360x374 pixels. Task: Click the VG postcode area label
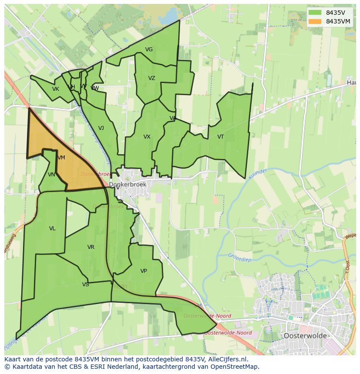click(x=149, y=50)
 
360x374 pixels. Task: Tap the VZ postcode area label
click(x=151, y=78)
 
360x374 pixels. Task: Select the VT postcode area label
click(x=220, y=137)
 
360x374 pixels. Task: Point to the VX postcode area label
click(x=147, y=137)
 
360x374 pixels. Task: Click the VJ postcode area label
click(x=101, y=128)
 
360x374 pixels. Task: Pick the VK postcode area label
click(x=55, y=89)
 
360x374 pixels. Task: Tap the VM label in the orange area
click(x=61, y=158)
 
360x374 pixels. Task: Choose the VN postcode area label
click(x=51, y=175)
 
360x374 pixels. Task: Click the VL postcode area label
click(x=52, y=228)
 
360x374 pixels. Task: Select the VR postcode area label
click(x=90, y=247)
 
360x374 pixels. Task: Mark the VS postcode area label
click(x=85, y=285)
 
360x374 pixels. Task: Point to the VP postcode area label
click(x=143, y=271)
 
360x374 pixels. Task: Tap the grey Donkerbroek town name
click(x=128, y=185)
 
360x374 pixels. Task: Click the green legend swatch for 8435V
click(x=315, y=12)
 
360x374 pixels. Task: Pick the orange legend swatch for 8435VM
click(x=315, y=21)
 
